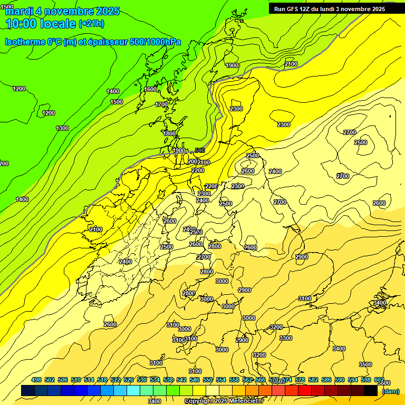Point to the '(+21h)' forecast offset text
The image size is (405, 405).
[91, 24]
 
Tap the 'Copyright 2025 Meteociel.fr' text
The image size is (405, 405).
[224, 401]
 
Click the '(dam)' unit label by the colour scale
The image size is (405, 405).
[390, 391]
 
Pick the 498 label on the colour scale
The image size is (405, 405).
[36, 380]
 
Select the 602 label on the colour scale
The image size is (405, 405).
[379, 380]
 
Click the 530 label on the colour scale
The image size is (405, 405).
[142, 380]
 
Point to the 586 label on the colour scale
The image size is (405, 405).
[326, 380]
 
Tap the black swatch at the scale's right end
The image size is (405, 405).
[371, 391]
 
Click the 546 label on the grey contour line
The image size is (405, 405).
[200, 151]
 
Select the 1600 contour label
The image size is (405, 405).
[150, 89]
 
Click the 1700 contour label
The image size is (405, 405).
[161, 104]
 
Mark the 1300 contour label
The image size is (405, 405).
[62, 128]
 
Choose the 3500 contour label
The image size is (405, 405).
[365, 364]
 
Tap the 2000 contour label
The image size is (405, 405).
[194, 161]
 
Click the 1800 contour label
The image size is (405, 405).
[169, 133]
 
